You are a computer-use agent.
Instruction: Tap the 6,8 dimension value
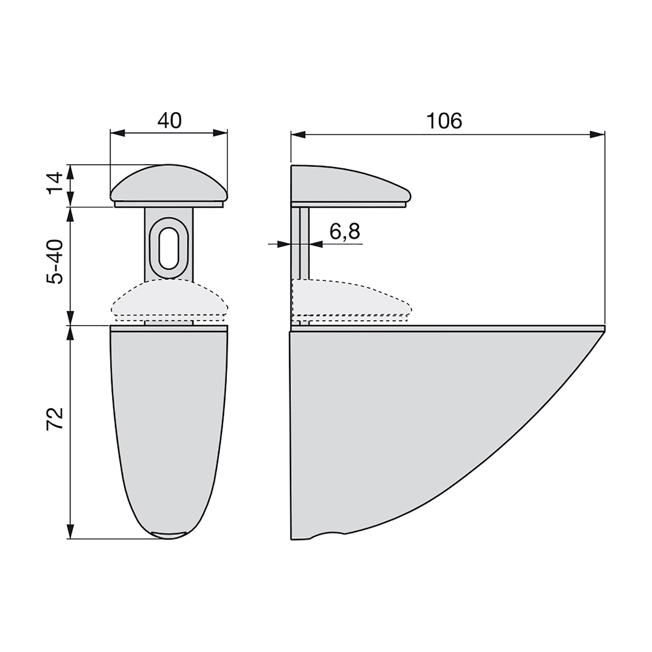click(345, 231)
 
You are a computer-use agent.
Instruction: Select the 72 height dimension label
click(55, 419)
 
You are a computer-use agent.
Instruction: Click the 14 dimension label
click(55, 183)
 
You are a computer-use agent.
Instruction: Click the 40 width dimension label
click(169, 121)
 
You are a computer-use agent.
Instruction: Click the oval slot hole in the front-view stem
click(169, 248)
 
